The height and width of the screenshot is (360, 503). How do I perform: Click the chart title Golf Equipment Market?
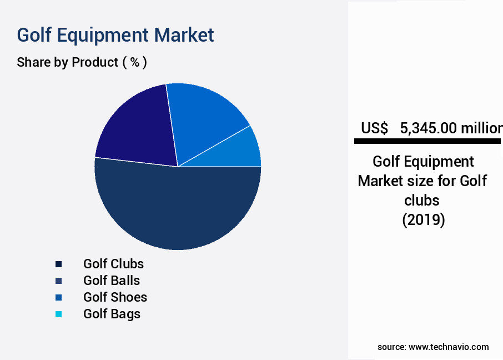point(115,35)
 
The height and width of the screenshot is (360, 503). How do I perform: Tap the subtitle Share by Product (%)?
point(82,62)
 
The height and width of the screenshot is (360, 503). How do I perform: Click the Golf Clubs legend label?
point(113,264)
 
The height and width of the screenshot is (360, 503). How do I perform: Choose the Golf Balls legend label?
point(112,281)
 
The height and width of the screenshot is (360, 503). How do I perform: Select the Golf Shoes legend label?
point(115,297)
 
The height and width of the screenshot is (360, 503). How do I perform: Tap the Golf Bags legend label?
point(112,314)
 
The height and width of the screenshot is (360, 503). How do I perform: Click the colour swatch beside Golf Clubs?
point(58,264)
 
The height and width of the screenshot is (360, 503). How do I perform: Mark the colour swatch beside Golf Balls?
point(58,281)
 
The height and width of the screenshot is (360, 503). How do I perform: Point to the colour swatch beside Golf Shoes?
point(58,297)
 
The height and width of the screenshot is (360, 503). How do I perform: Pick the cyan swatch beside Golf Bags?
point(58,314)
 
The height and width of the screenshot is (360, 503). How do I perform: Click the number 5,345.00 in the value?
point(427,128)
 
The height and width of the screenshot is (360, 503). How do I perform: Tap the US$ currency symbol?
point(374,128)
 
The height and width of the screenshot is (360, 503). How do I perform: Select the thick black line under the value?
point(427,142)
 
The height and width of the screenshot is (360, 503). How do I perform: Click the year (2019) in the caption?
point(423,220)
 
